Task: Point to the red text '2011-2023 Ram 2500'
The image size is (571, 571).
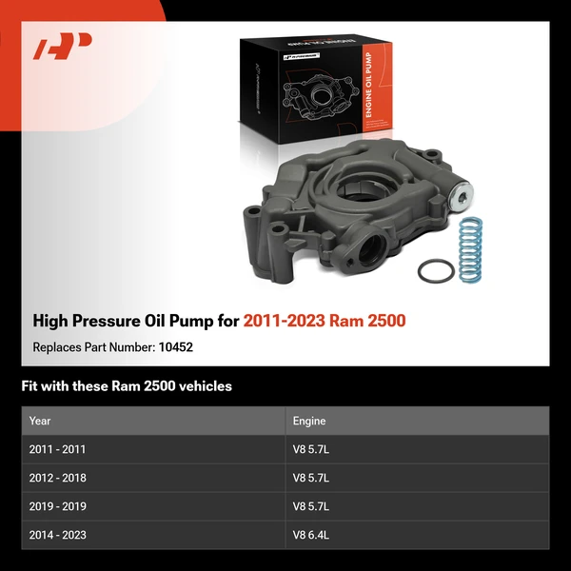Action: (325, 321)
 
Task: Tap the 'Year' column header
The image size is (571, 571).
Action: (40, 420)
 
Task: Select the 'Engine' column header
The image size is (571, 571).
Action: (310, 420)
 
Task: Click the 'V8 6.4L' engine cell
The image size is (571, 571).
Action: (311, 535)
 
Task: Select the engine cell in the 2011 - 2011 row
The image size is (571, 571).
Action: (311, 449)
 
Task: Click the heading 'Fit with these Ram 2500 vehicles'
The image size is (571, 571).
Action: (127, 386)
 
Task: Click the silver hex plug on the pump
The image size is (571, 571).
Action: (462, 199)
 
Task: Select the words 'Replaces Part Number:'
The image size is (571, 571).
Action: (93, 347)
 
